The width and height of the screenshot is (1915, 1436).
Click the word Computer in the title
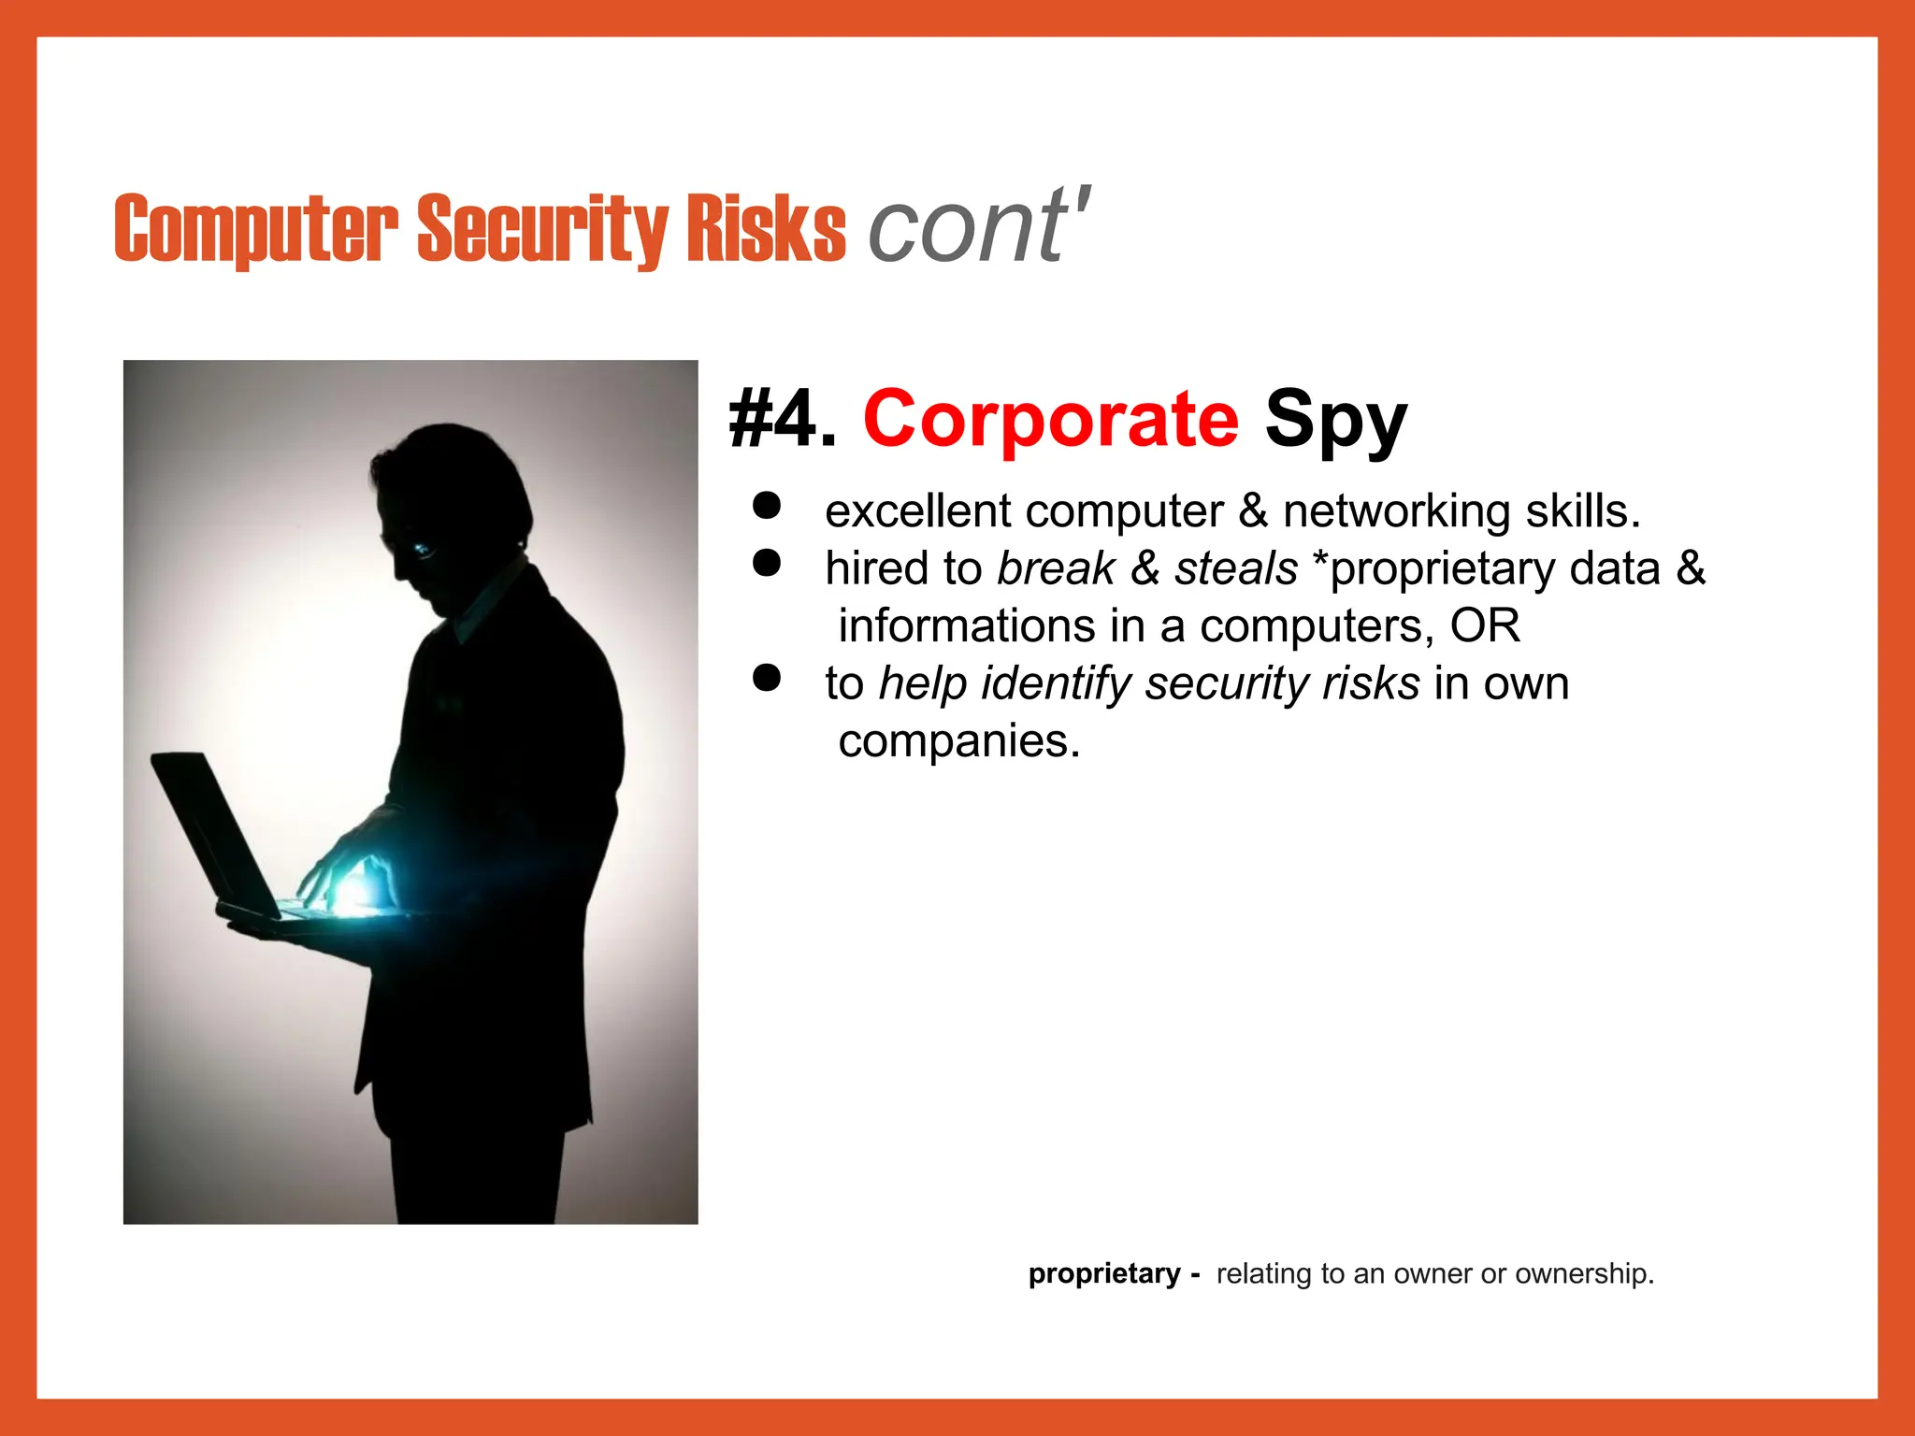[255, 229]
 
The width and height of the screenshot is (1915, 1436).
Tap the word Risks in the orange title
[766, 229]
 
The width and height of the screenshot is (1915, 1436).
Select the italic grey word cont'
[977, 226]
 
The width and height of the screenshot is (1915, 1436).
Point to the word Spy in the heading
[1335, 421]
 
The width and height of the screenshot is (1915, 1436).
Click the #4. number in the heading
[782, 420]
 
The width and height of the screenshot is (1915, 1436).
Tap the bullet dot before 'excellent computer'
[767, 506]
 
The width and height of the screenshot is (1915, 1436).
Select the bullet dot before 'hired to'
[767, 563]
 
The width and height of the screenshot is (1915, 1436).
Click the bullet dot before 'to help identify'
[767, 678]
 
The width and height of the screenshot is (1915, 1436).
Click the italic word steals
[1236, 568]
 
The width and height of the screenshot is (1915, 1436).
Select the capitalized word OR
[1485, 625]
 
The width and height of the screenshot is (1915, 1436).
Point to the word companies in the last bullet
[958, 741]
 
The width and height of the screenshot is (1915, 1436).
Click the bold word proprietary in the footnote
[1104, 1273]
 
